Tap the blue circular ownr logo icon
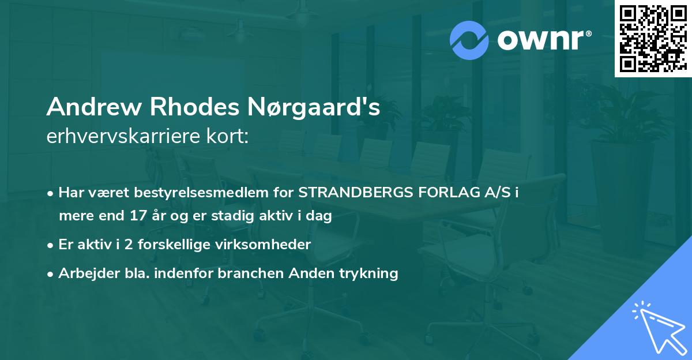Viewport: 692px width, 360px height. point(469,40)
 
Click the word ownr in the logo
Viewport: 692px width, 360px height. point(544,40)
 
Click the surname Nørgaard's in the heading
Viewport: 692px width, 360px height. point(306,107)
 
